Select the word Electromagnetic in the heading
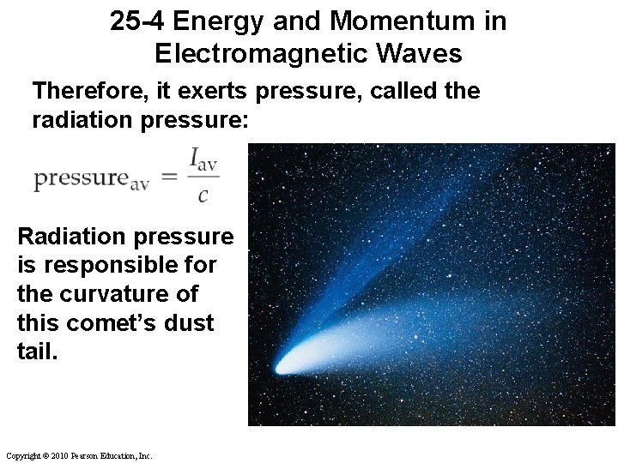click(255, 54)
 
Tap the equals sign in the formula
click(169, 177)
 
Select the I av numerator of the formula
click(203, 160)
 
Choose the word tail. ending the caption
click(36, 352)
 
